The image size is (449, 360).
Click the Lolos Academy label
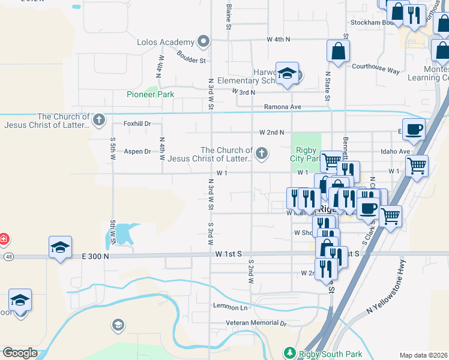click(x=166, y=42)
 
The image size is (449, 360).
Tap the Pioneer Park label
click(x=150, y=94)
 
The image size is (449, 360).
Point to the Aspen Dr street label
click(x=137, y=151)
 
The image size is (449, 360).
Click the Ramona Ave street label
click(x=282, y=107)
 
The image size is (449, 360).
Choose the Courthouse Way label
click(x=376, y=70)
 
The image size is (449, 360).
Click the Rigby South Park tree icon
click(x=290, y=352)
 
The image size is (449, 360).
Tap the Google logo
click(x=20, y=353)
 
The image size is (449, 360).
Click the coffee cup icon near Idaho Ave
click(x=414, y=130)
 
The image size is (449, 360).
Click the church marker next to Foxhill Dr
click(x=99, y=119)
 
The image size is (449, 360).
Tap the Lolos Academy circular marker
click(x=203, y=42)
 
